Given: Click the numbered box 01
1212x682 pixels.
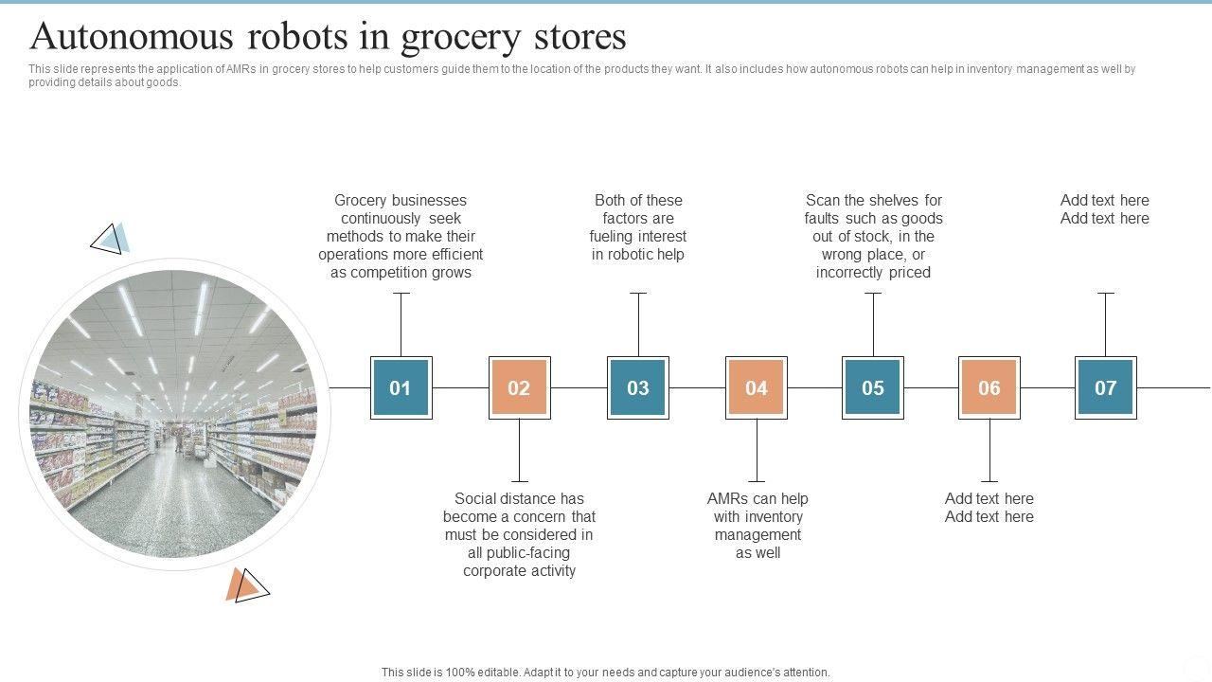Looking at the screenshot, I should pos(401,387).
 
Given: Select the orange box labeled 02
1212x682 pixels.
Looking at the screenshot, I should pos(519,387).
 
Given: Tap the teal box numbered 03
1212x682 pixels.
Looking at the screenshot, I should pos(638,387).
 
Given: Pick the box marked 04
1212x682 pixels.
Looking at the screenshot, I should pos(756,387).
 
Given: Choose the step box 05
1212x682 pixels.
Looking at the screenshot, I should pos(873,387).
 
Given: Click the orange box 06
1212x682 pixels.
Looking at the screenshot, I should pos(989,387).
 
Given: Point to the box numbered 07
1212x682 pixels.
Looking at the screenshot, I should pos(1106,387).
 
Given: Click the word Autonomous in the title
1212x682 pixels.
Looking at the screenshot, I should pos(132,37).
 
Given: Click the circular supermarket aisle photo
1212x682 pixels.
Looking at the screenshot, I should pos(173,414).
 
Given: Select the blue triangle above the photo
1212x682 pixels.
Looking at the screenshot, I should pos(110,239).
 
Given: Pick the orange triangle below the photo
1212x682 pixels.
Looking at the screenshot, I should pos(246,586).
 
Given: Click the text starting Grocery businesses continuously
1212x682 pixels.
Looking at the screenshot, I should pos(401,236).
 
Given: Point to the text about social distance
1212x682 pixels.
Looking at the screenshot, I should pos(519,534).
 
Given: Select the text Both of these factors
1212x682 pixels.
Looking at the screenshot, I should pos(638,227).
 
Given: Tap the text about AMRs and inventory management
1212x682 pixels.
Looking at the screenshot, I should pos(757,525).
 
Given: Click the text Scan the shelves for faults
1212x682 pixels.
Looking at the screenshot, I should pos(873,236).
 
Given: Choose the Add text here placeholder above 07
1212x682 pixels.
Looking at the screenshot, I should pos(1105,209).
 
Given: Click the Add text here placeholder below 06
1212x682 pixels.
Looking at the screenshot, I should pos(989,508).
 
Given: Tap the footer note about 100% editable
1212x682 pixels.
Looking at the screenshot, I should pos(606,673).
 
